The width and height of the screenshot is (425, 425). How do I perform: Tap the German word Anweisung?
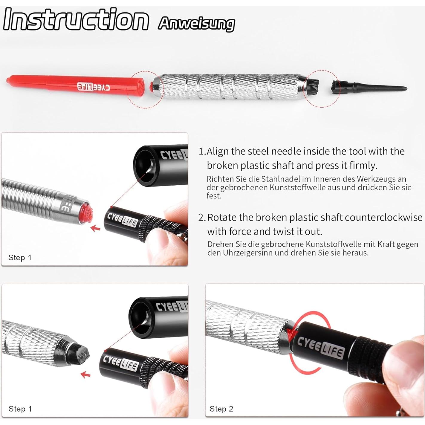pyautogui.click(x=196, y=24)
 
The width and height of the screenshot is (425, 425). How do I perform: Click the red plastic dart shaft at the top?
pyautogui.click(x=75, y=85)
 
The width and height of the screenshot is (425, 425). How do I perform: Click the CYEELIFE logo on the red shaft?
pyautogui.click(x=93, y=87)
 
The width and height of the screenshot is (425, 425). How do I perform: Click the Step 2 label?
pyautogui.click(x=221, y=409)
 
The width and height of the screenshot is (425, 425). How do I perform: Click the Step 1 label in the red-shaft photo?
pyautogui.click(x=20, y=257)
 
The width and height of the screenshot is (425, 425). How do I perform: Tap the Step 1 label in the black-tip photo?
pyautogui.click(x=20, y=409)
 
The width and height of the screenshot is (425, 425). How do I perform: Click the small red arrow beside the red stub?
pyautogui.click(x=95, y=228)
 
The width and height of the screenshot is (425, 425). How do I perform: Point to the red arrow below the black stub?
pyautogui.click(x=86, y=374)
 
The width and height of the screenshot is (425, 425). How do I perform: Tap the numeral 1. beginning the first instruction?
pyautogui.click(x=202, y=152)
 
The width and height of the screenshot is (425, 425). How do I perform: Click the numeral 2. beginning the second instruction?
pyautogui.click(x=202, y=218)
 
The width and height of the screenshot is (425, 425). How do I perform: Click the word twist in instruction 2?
pyautogui.click(x=264, y=232)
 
